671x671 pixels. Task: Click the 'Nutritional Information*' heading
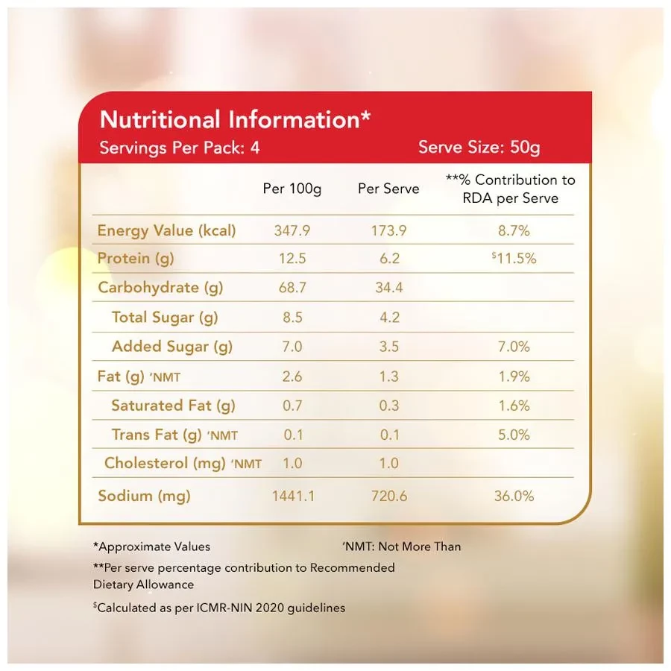235,120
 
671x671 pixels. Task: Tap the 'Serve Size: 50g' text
479,147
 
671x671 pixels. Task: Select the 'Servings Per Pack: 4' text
180,147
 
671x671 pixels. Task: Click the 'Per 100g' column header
292,189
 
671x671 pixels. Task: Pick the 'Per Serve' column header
388,189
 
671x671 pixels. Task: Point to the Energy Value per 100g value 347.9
292,230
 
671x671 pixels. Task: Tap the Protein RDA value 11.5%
514,259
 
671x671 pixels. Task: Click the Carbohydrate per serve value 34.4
388,288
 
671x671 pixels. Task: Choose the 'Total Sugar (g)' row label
165,317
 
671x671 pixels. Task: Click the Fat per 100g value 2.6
292,377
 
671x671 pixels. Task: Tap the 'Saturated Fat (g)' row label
173,406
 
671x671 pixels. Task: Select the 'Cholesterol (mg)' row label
165,463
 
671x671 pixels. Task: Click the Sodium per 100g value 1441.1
292,496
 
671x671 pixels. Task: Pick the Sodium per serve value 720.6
388,496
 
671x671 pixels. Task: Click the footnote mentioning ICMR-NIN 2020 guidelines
219,608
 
